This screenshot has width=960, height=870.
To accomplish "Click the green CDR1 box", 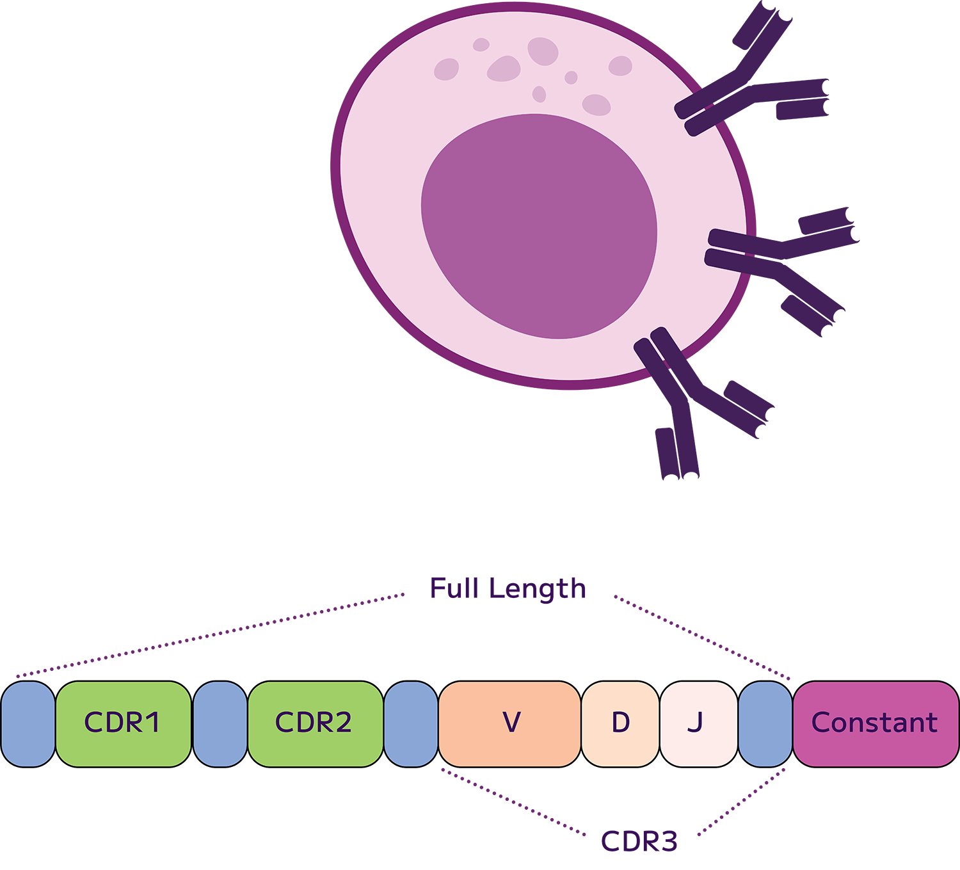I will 123,723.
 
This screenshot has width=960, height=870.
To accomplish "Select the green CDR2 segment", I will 315,723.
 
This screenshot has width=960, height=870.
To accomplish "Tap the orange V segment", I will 509,723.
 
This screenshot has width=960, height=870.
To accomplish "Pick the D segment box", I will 620,723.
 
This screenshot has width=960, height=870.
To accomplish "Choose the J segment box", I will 698,723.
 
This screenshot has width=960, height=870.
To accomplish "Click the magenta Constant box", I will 875,723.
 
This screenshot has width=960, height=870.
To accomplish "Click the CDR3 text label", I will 639,841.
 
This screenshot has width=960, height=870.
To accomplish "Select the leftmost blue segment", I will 28,723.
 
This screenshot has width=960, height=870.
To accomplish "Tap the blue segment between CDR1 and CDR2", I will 220,723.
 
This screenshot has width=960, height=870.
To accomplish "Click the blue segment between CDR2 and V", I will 411,723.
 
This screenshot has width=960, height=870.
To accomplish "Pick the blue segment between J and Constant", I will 765,723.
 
